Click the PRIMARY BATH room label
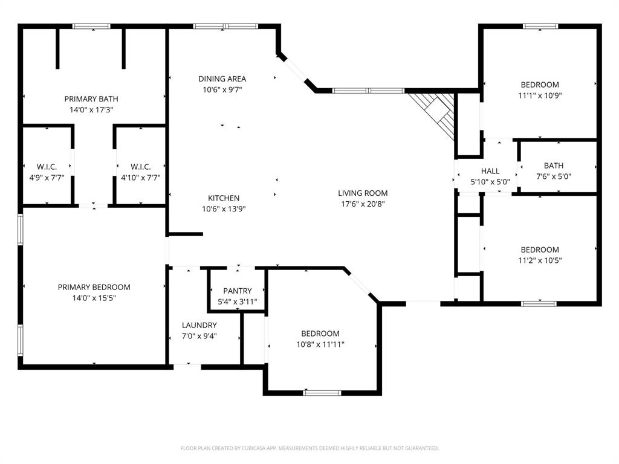click(x=91, y=99)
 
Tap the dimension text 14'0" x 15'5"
click(x=94, y=298)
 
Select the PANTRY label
click(x=237, y=291)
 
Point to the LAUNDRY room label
click(x=199, y=325)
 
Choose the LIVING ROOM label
click(x=363, y=193)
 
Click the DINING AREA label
click(x=222, y=79)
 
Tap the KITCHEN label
click(x=224, y=198)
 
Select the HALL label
click(x=490, y=171)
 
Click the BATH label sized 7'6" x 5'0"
click(x=553, y=166)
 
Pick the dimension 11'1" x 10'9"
click(x=540, y=95)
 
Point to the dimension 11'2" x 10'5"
click(x=540, y=260)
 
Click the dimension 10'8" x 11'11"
click(x=320, y=344)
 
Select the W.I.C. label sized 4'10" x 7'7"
click(x=140, y=167)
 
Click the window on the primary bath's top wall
click(x=91, y=26)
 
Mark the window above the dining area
click(x=225, y=26)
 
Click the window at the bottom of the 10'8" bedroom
click(x=322, y=393)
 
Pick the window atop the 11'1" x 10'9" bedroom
click(x=540, y=26)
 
